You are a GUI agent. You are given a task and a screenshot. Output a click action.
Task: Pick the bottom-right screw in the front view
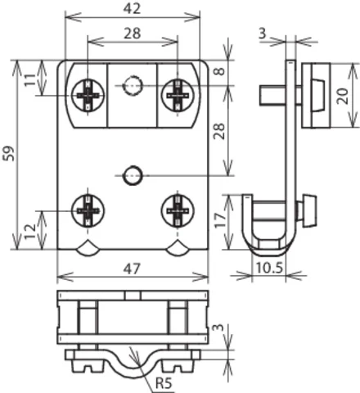[177, 211]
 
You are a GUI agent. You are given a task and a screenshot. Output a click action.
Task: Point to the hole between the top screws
[133, 84]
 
